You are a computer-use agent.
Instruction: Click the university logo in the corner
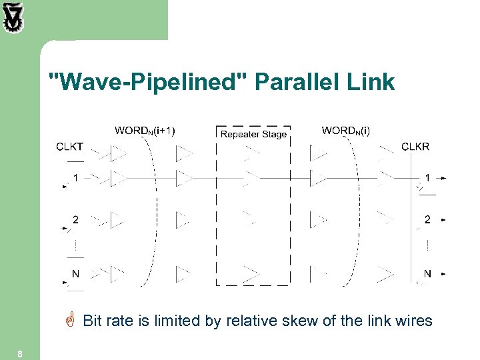tap(13, 18)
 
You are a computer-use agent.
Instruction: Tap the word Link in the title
tap(373, 83)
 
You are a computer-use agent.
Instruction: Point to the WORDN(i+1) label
tap(145, 131)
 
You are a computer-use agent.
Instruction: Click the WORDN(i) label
tap(345, 131)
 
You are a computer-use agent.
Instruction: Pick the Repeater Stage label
tap(253, 135)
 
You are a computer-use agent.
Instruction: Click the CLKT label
tap(70, 147)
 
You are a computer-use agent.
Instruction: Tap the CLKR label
tap(415, 147)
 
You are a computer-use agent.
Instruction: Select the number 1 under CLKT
tap(76, 178)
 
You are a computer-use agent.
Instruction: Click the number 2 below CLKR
tap(427, 219)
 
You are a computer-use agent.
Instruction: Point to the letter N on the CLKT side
tap(76, 273)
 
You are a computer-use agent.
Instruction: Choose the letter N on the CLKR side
tap(427, 273)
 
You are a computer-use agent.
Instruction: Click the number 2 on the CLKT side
tap(76, 219)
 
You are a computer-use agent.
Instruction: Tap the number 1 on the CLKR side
tap(427, 178)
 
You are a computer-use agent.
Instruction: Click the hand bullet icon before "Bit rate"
tap(71, 321)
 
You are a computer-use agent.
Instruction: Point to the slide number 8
tap(21, 354)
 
